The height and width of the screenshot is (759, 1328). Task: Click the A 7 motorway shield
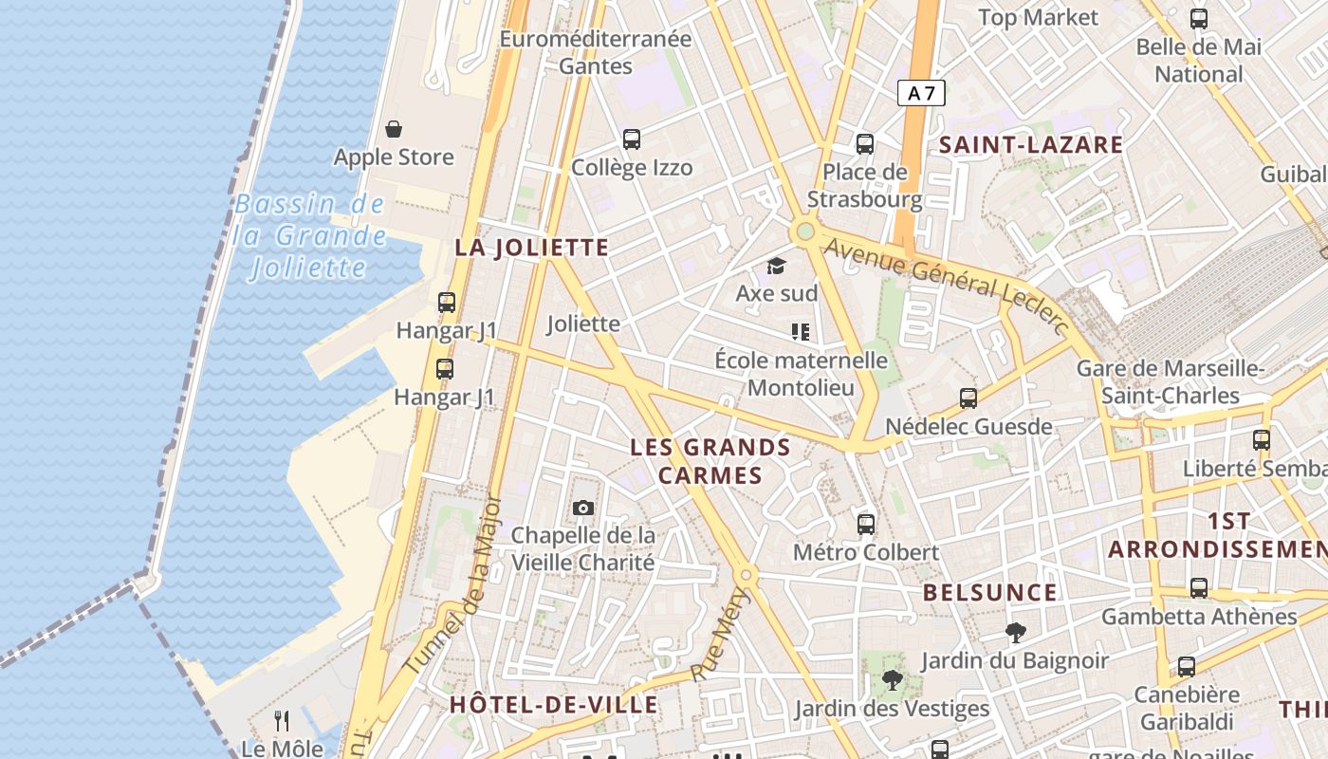tap(921, 93)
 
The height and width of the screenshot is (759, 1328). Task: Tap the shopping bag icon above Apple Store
tap(394, 129)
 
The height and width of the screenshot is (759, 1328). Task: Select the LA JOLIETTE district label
tap(531, 248)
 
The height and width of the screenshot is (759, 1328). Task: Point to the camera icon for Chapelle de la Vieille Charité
tap(583, 509)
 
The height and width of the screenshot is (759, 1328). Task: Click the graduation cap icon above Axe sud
tap(777, 266)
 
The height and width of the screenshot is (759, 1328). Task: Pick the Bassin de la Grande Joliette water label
tap(310, 235)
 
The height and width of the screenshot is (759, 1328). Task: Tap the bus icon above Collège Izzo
tap(632, 139)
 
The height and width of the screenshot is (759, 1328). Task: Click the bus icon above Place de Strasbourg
tap(864, 144)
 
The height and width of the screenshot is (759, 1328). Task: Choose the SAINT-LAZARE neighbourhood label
tap(1031, 145)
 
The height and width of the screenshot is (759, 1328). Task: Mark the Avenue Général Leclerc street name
tap(946, 284)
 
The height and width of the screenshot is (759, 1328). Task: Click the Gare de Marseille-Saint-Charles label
tap(1171, 381)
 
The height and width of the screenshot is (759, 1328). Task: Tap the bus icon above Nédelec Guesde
tap(968, 398)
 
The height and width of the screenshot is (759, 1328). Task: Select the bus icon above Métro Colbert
tap(865, 524)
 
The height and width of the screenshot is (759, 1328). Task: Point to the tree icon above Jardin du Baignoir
tap(1015, 633)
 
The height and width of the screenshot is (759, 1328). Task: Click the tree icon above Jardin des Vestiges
tap(892, 679)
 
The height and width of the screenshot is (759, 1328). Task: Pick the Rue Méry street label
tap(720, 634)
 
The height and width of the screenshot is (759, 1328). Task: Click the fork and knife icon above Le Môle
tap(281, 721)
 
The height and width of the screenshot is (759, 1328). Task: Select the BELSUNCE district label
tap(989, 593)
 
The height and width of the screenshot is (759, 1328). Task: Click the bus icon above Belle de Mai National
tap(1199, 19)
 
